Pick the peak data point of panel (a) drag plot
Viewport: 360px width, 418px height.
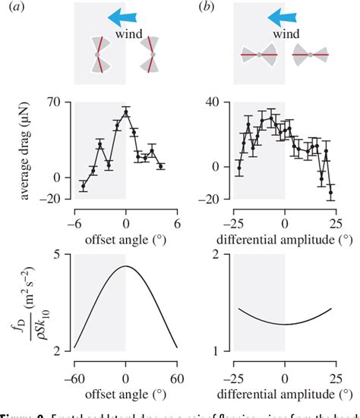[126, 112]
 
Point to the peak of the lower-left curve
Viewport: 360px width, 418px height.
[126, 266]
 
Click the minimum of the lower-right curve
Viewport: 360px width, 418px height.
[286, 324]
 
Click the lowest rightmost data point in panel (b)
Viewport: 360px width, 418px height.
[330, 193]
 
